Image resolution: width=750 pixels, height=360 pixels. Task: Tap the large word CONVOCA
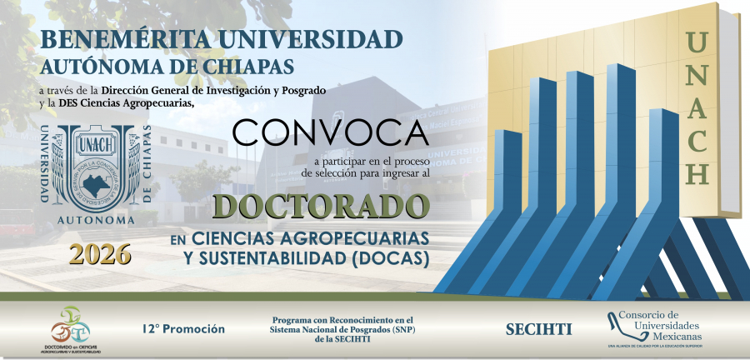coord(330,132)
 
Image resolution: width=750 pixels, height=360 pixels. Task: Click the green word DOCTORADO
coord(322,204)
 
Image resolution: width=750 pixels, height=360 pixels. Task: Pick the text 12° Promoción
coord(182,329)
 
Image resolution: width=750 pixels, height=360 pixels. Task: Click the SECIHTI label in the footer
coord(538,329)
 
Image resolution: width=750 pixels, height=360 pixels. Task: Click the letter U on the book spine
coord(698,40)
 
